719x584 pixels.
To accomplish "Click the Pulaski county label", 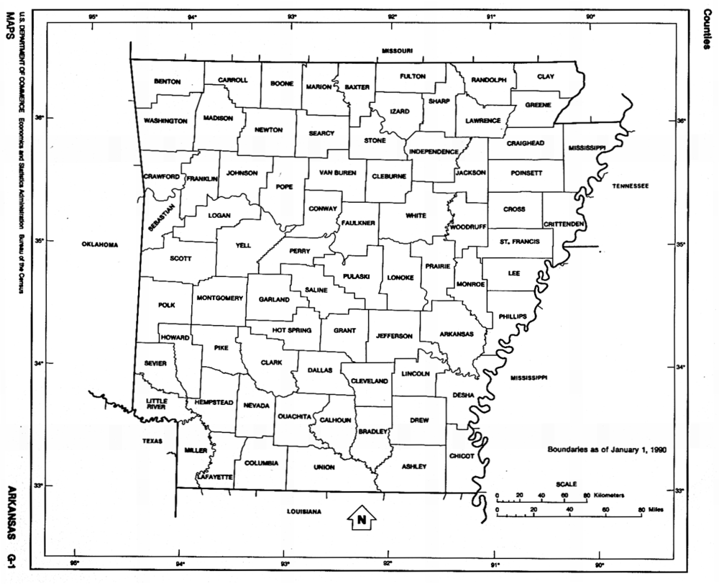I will pyautogui.click(x=357, y=276).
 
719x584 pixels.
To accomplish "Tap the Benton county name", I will pyautogui.click(x=168, y=82).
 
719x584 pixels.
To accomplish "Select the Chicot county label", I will pyautogui.click(x=462, y=456).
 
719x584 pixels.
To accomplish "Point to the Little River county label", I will pyautogui.click(x=156, y=404).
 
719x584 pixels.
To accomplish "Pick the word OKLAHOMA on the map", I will pyautogui.click(x=99, y=245).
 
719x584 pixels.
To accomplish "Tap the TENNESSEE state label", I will pyautogui.click(x=631, y=186).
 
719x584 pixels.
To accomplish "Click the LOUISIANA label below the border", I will pyautogui.click(x=303, y=511).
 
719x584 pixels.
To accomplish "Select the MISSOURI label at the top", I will pyautogui.click(x=397, y=51).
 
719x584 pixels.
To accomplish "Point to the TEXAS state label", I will pyautogui.click(x=152, y=441).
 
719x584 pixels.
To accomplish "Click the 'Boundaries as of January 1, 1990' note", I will pyautogui.click(x=608, y=450).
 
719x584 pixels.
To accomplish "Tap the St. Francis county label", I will pyautogui.click(x=519, y=242).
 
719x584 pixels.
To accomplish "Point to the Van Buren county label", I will pyautogui.click(x=338, y=173).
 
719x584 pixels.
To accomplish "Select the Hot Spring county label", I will pyautogui.click(x=291, y=330).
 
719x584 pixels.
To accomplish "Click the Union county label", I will pyautogui.click(x=324, y=467).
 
